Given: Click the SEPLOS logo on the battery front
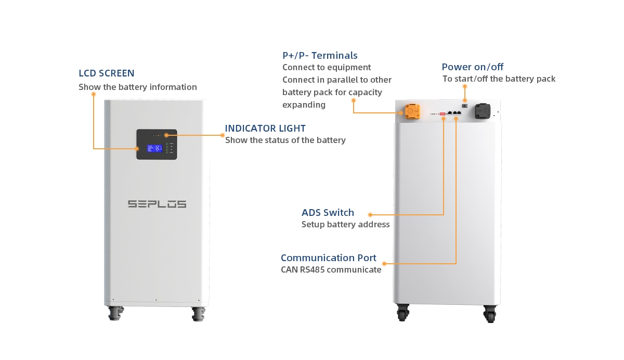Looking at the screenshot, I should click(x=157, y=204).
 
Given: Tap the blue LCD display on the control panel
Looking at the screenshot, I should click(x=154, y=148).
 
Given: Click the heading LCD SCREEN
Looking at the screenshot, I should click(x=107, y=73).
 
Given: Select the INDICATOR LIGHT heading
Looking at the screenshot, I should click(x=265, y=128).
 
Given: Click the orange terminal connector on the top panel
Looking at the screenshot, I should click(x=412, y=111).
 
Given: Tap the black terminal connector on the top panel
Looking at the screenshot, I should click(x=482, y=111).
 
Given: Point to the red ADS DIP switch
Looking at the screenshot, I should click(x=443, y=113).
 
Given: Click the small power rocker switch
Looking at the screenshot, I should click(x=465, y=106).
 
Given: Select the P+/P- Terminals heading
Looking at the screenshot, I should click(x=320, y=55).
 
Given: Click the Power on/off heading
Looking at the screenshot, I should click(x=472, y=67).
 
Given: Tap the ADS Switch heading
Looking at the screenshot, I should click(x=328, y=212).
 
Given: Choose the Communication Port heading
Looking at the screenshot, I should click(x=328, y=258).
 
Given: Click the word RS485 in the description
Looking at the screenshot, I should click(x=312, y=269).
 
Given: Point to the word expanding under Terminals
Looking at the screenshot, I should click(x=304, y=105).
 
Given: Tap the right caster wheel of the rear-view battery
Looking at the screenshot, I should click(x=489, y=314).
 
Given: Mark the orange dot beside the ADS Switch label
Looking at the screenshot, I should click(x=370, y=214).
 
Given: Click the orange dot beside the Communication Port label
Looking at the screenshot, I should click(x=384, y=263).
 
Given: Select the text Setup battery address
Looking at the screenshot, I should click(x=345, y=225).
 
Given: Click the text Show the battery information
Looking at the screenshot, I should click(x=138, y=87).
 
